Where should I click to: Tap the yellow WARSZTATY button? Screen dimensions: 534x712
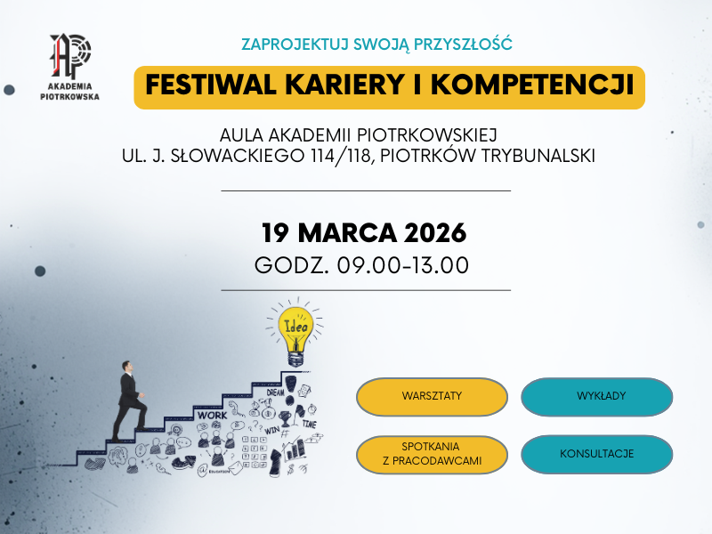(x=432, y=397)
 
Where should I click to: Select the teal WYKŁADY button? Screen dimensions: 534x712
(x=596, y=397)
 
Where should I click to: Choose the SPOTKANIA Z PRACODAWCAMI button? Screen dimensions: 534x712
(x=432, y=454)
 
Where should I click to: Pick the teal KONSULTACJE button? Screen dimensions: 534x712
(x=596, y=454)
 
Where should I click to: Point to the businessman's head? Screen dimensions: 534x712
(x=128, y=368)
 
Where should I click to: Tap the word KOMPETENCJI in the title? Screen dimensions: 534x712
(x=547, y=85)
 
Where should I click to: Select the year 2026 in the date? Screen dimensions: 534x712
(x=434, y=233)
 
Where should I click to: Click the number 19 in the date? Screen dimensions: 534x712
(x=277, y=233)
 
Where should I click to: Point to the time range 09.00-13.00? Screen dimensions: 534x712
(x=401, y=265)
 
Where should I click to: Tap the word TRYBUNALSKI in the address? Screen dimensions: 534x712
(x=538, y=155)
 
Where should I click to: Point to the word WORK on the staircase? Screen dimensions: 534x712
(x=213, y=415)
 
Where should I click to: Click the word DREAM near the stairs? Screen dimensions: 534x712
(x=275, y=392)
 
